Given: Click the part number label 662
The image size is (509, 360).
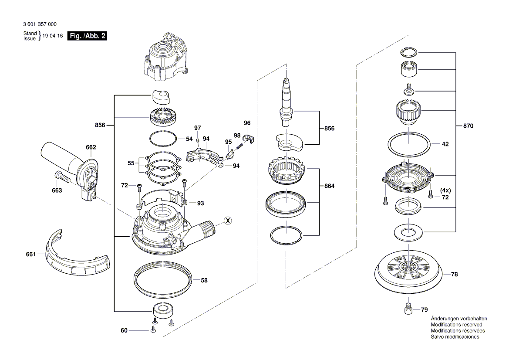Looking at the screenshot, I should [x=91, y=147].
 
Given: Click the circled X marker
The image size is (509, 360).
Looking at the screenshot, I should [x=227, y=221].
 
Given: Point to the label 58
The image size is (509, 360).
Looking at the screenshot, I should [x=204, y=281].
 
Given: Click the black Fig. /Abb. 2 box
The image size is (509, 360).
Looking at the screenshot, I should [x=87, y=36].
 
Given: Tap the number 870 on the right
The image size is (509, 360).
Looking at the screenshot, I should [x=468, y=126].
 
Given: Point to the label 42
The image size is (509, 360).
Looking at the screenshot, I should [x=445, y=144].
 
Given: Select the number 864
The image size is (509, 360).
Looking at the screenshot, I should [x=329, y=186].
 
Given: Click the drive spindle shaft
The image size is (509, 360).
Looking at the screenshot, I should [x=286, y=102].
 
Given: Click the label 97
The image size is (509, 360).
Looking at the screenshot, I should [x=198, y=128].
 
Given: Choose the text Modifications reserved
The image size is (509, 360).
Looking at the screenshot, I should [x=456, y=325].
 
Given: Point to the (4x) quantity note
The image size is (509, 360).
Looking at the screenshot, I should [x=445, y=190].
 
